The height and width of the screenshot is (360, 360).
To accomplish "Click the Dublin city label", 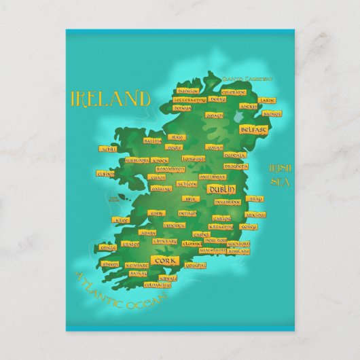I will [221, 190].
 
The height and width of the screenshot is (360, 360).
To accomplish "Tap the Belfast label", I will [253, 128].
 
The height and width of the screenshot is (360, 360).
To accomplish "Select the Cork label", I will [164, 261].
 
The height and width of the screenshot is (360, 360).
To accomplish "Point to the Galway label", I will [161, 188].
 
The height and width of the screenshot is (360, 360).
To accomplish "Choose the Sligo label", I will [178, 137].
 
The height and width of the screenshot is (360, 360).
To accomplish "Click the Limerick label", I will [174, 225].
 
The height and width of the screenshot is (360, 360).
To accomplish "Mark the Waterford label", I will [213, 250].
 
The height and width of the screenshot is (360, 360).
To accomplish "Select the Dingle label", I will [108, 247].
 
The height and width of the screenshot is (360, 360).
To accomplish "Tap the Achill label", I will [108, 148].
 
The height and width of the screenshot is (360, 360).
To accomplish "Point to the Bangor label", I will [271, 114].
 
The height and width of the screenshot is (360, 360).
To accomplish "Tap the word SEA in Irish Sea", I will [279, 181].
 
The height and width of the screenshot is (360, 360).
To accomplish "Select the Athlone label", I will [187, 183].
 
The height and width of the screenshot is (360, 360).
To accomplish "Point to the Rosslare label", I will [239, 251].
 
